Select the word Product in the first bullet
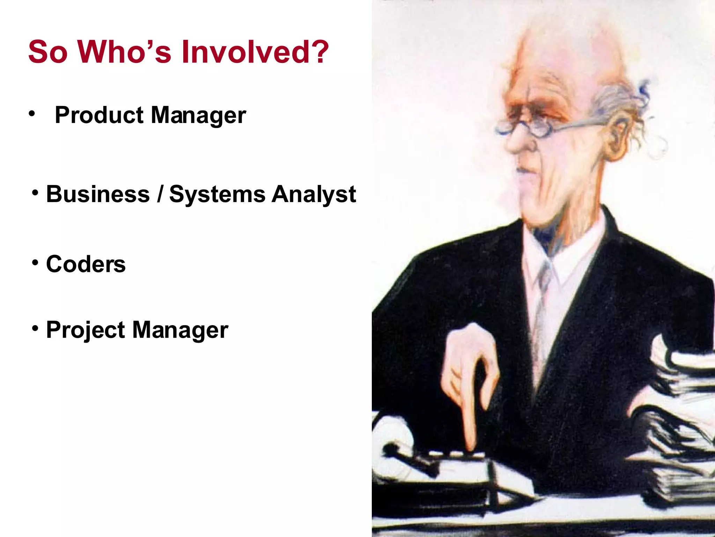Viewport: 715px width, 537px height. click(x=99, y=115)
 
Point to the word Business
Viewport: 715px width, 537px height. click(x=98, y=194)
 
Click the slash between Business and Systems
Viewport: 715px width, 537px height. click(x=160, y=195)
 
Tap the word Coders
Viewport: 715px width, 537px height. click(x=86, y=264)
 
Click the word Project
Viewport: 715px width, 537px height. click(x=86, y=330)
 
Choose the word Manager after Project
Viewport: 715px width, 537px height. click(x=180, y=330)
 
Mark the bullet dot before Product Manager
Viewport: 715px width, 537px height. click(x=32, y=113)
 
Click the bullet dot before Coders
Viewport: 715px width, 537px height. click(x=35, y=262)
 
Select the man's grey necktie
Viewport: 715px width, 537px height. click(x=543, y=297)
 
